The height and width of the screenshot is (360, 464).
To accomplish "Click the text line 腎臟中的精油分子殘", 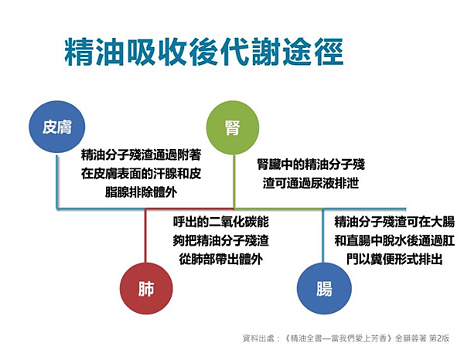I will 310,165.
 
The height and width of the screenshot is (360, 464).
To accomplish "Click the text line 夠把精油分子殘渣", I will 220,241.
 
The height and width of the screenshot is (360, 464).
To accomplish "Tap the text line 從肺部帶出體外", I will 220,259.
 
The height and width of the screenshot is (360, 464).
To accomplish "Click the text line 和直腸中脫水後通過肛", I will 394,241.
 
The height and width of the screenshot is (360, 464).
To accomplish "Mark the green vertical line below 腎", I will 234,178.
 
